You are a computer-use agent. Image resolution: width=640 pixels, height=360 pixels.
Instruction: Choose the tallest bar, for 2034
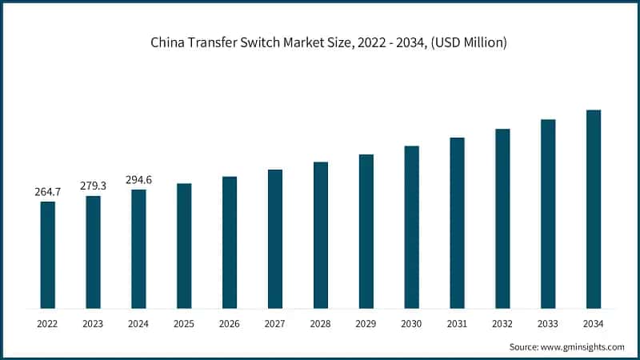(594, 209)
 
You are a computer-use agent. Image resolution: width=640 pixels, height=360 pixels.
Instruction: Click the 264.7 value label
(48, 192)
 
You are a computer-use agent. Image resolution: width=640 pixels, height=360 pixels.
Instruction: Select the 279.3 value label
(93, 186)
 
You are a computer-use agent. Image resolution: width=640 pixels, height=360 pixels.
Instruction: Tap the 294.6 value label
(138, 180)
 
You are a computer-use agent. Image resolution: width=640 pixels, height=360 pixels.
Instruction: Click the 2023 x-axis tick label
(93, 323)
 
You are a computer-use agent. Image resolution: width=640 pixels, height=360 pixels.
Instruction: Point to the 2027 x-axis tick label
(275, 323)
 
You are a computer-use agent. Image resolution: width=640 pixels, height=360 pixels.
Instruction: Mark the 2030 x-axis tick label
(411, 323)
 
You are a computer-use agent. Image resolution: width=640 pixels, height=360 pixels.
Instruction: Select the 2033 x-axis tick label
(548, 323)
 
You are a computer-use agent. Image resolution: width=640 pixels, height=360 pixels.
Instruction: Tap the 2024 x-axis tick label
(138, 323)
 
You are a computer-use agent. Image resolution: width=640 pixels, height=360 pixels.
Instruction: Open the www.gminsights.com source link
(582, 346)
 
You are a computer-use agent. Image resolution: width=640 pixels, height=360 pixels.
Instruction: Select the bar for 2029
(366, 231)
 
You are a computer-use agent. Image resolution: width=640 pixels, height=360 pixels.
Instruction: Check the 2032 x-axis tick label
(502, 323)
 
